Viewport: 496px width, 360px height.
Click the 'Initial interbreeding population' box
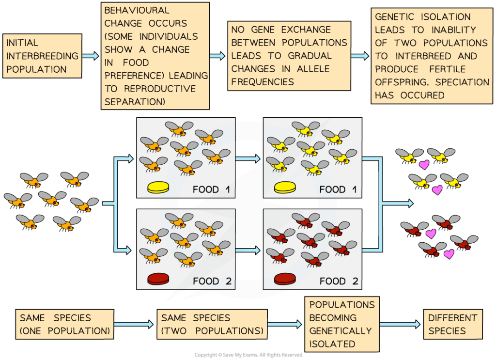42,56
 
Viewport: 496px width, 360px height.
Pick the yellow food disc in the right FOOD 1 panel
285,187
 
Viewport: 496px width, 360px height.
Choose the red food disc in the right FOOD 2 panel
285,279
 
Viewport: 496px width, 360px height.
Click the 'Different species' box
453,324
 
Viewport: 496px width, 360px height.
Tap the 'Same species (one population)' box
64,324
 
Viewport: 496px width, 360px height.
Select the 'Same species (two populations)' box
212,324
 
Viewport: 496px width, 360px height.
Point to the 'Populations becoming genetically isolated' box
342,324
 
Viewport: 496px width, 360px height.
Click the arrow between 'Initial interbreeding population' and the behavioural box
90,56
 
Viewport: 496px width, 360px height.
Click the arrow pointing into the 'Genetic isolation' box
359,56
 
